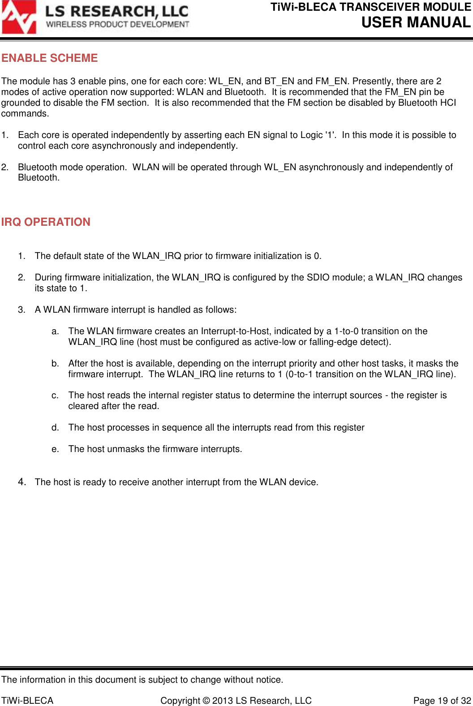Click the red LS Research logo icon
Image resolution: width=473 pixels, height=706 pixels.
(x=19, y=17)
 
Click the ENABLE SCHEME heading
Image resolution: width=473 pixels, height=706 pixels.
(x=49, y=58)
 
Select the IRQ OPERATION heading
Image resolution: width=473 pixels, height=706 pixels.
(x=46, y=222)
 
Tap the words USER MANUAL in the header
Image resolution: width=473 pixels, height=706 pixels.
(x=416, y=22)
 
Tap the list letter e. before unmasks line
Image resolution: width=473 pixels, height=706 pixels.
(x=55, y=449)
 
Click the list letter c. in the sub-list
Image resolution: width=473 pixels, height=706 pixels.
(x=55, y=396)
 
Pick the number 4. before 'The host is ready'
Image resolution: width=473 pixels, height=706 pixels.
(x=22, y=482)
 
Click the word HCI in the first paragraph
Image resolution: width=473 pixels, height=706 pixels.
(x=447, y=103)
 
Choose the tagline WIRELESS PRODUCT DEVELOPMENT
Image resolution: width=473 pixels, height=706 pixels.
(x=118, y=24)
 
